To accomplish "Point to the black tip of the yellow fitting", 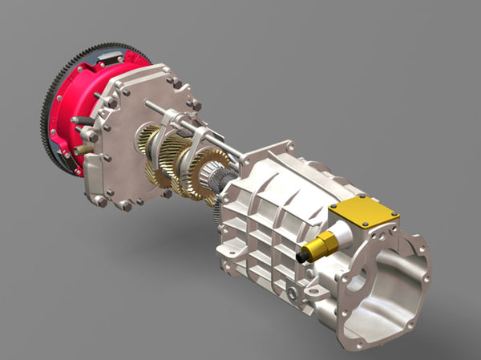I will coord(302,257).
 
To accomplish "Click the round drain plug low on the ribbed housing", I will coord(293,293).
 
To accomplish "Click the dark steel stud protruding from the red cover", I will coord(81,121).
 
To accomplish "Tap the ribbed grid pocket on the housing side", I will coord(265,233).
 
